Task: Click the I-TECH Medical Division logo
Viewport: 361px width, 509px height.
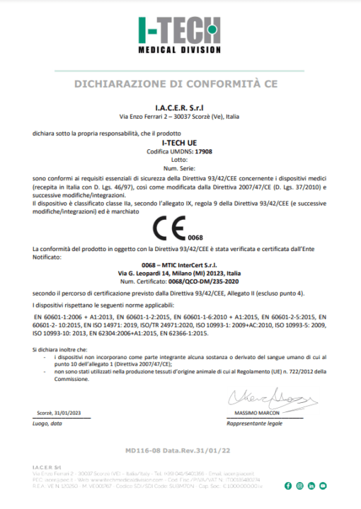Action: click(x=180, y=35)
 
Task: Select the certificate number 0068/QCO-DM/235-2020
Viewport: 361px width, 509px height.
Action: click(x=200, y=281)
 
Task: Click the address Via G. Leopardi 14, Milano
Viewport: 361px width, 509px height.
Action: click(x=180, y=273)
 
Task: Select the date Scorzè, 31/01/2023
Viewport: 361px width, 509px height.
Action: click(x=59, y=413)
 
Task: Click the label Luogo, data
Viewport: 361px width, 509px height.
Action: click(x=47, y=423)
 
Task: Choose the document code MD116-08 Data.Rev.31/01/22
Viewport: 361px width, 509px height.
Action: click(x=180, y=450)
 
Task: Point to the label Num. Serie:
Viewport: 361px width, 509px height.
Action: click(x=180, y=168)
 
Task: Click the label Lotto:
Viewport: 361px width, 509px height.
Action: click(x=180, y=160)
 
